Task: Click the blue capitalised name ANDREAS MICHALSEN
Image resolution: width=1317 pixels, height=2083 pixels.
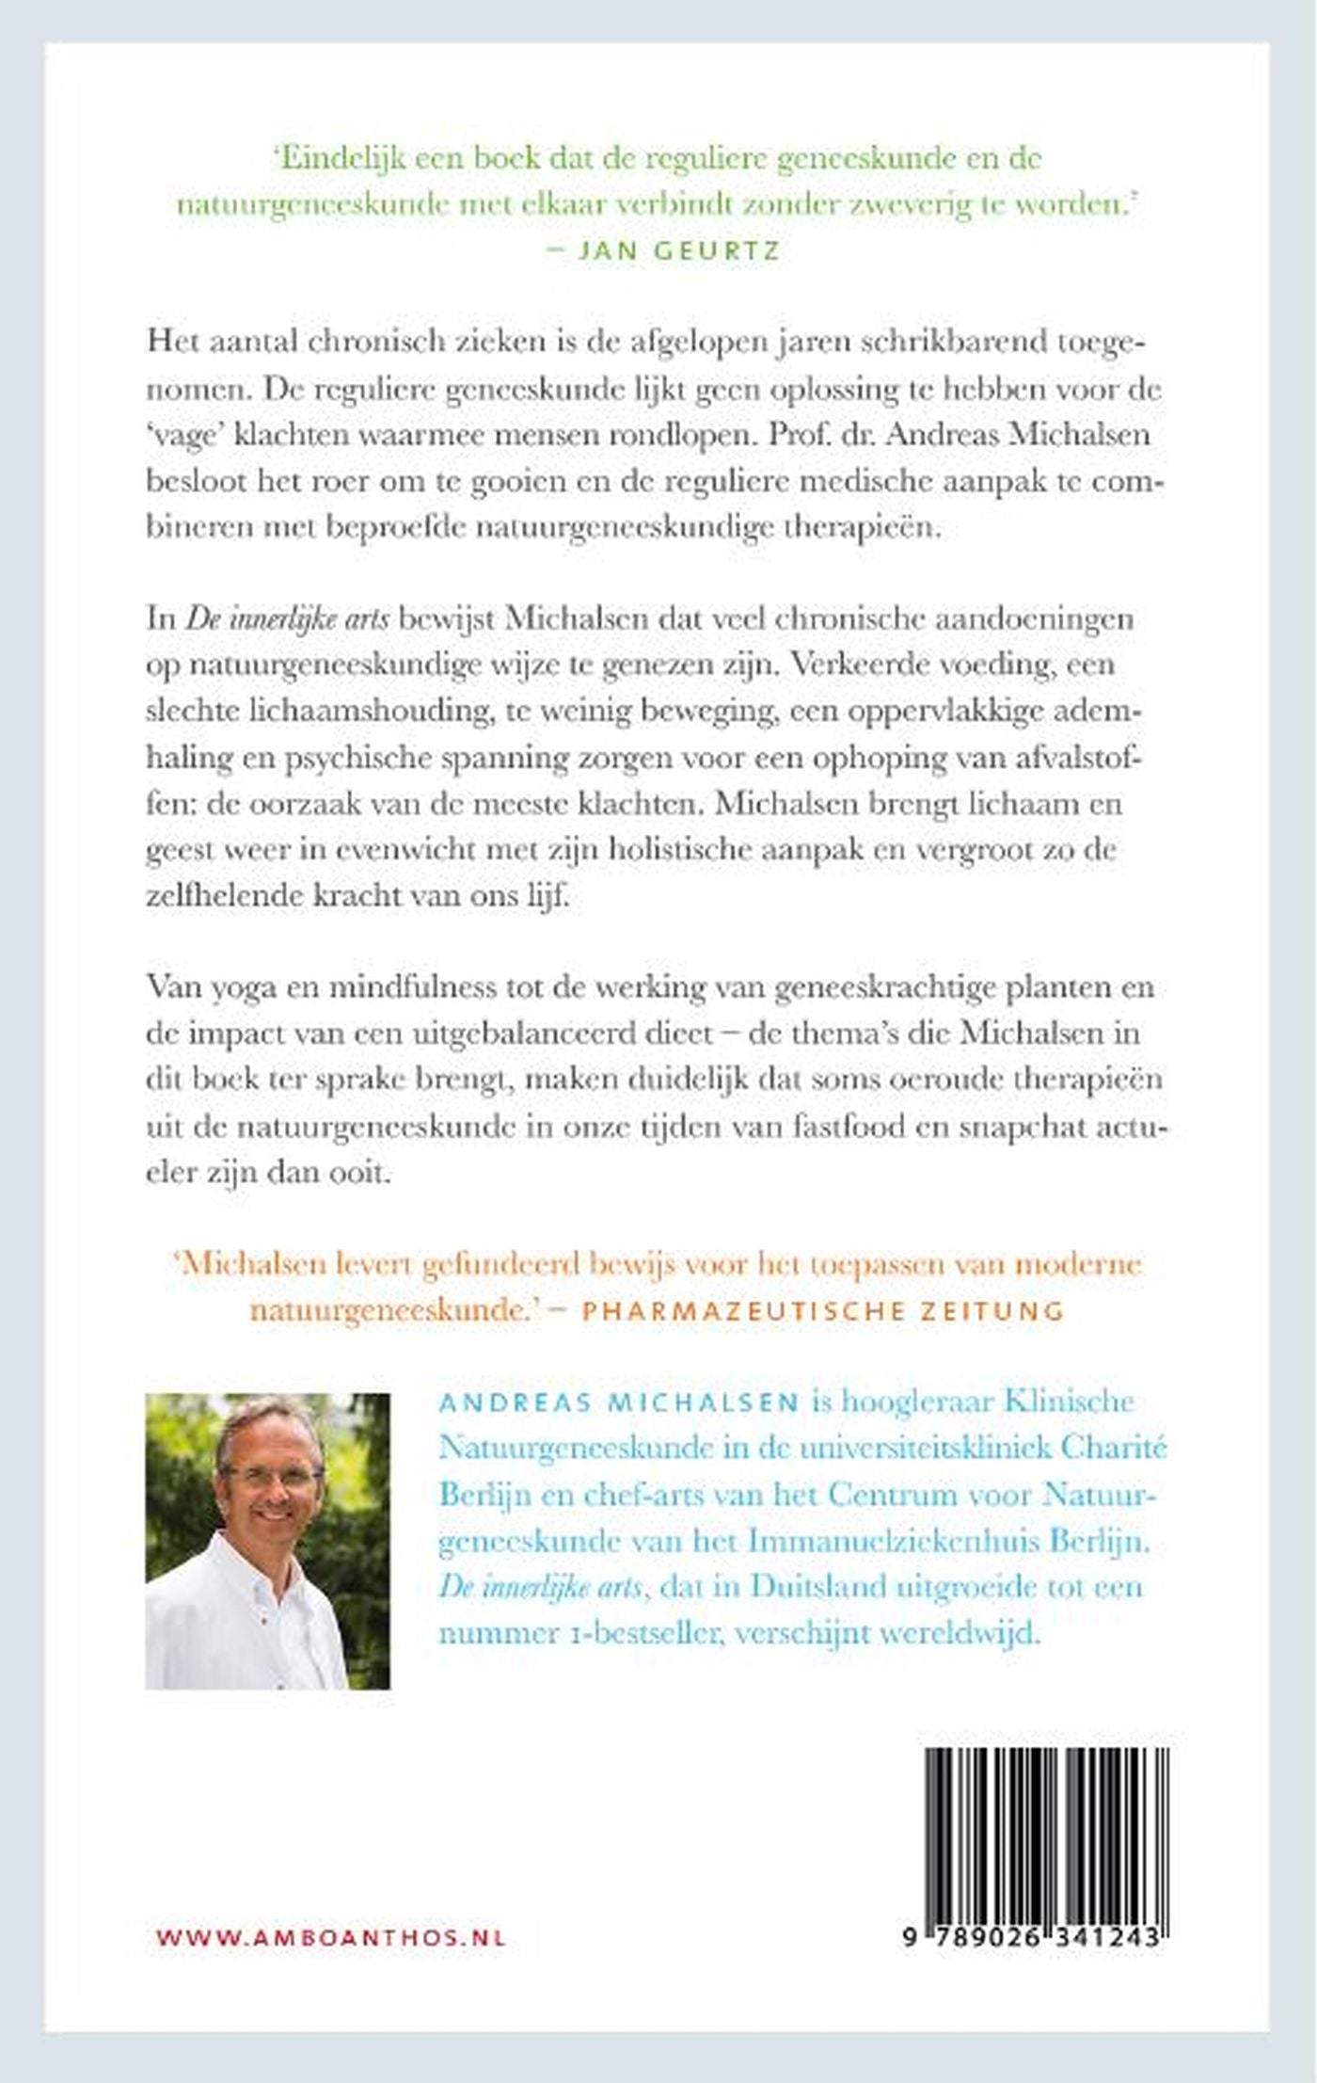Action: tap(619, 1402)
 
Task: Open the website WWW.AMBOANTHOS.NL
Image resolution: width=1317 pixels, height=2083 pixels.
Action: tap(331, 1938)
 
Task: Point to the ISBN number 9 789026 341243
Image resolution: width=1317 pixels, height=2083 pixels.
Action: tap(1031, 1937)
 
